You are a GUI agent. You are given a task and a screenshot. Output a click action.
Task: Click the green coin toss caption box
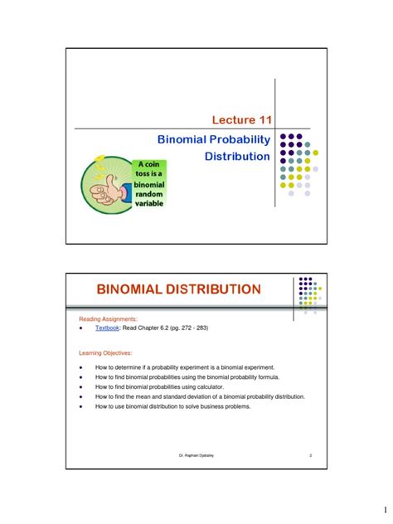tap(145, 182)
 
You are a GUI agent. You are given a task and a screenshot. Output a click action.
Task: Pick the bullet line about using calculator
tap(162, 386)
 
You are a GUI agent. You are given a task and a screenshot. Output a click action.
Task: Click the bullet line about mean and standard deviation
tap(200, 396)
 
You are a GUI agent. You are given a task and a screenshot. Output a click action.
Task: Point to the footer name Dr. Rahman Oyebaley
tap(196, 456)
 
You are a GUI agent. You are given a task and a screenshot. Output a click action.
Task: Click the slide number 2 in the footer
tap(309, 456)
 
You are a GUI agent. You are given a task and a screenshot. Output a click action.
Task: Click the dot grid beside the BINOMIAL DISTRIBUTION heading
tap(308, 295)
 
